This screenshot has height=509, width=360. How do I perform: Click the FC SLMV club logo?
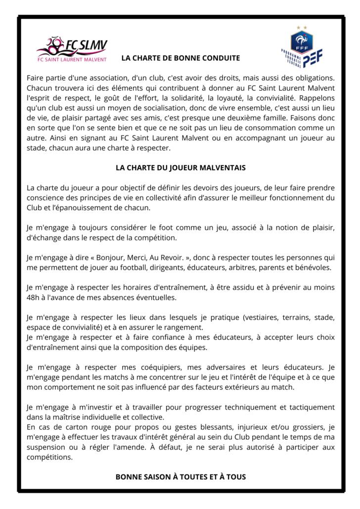pos(72,50)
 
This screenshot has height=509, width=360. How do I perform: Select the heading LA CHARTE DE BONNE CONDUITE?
pos(180,58)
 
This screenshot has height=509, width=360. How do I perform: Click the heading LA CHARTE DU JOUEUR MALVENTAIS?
pos(180,168)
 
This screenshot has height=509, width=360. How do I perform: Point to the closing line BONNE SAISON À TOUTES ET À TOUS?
pos(180,477)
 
